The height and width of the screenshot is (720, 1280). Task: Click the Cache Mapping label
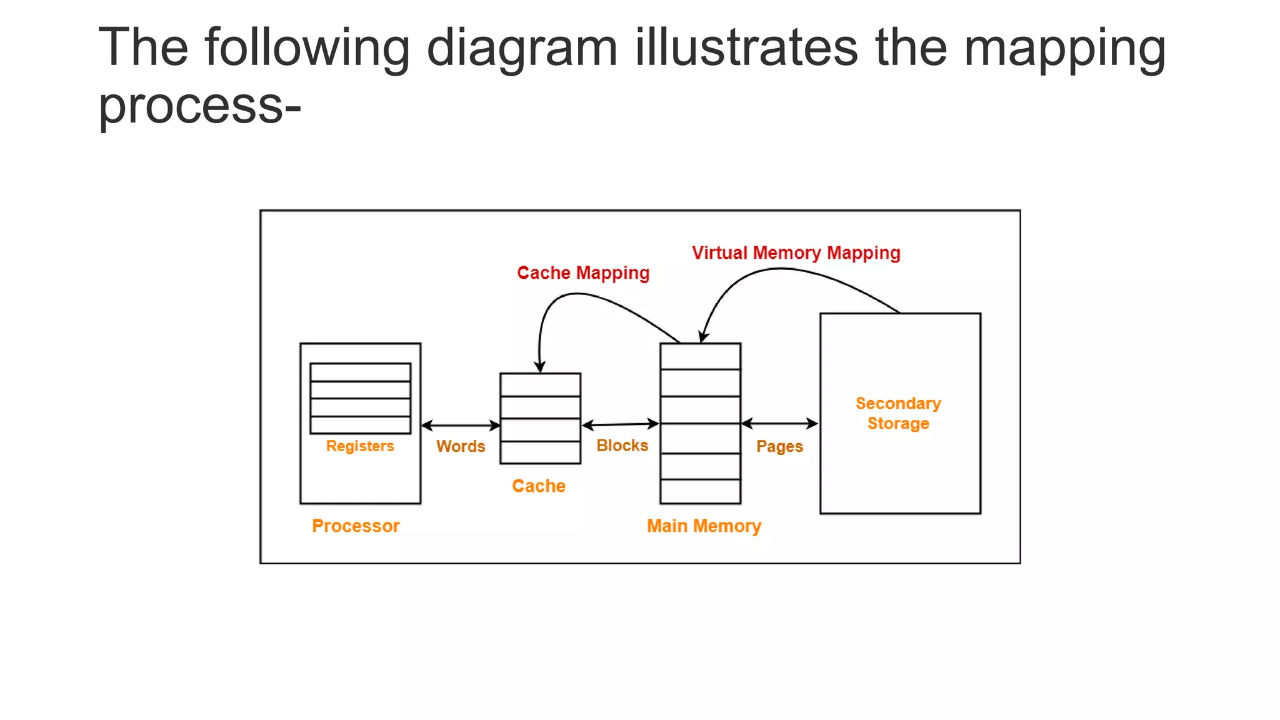tap(583, 273)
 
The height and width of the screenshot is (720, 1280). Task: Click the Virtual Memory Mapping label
tap(796, 253)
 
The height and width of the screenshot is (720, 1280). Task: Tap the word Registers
tap(360, 446)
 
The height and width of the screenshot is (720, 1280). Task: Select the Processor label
tap(356, 526)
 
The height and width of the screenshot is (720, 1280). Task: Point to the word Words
tap(461, 446)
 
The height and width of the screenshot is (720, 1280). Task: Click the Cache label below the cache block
tap(538, 486)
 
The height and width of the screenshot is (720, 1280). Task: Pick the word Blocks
tap(622, 446)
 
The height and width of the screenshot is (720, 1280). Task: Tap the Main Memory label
tap(704, 526)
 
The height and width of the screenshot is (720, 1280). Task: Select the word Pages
tap(779, 446)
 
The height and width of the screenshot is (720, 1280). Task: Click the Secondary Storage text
tap(898, 413)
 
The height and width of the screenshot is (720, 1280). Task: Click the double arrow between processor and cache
tap(461, 426)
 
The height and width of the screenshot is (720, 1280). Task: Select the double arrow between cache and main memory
tap(620, 425)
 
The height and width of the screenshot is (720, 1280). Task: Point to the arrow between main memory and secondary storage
tap(779, 424)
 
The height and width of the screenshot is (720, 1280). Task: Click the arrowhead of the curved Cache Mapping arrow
tap(540, 367)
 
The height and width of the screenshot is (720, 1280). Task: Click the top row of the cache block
tap(540, 385)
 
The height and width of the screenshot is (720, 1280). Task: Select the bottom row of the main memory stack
tap(700, 491)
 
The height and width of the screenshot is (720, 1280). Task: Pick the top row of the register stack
tap(360, 372)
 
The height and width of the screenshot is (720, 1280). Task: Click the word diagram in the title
tap(522, 48)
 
